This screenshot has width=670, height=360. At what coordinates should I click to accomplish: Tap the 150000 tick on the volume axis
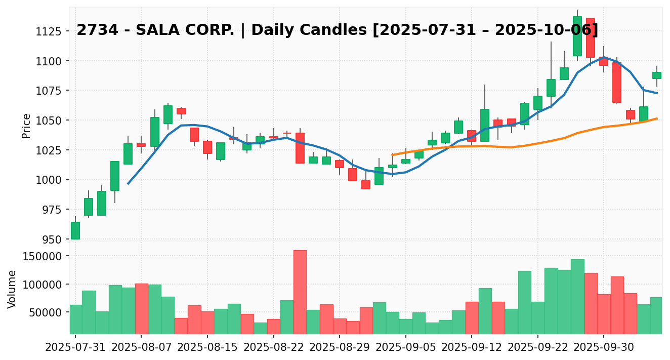point(43,256)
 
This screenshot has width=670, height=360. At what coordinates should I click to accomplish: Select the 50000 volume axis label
point(46,312)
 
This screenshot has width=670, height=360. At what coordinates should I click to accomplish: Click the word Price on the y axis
point(26,126)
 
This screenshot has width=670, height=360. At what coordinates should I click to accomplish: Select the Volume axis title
point(12,289)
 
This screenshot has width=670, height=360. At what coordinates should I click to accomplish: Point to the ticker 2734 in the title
point(94,30)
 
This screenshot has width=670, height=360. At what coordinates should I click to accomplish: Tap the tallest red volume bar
point(300,292)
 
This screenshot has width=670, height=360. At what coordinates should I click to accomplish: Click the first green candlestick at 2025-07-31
point(75,230)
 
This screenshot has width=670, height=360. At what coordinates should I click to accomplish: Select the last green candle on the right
point(656,75)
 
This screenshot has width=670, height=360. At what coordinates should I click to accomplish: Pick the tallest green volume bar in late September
point(577,296)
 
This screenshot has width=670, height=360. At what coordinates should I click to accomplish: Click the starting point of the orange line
point(393,155)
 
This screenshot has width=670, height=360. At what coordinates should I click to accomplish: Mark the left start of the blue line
point(128,183)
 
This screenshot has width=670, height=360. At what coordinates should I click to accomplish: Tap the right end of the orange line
point(657,118)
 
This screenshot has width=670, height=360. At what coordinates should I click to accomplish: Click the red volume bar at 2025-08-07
point(141,308)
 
